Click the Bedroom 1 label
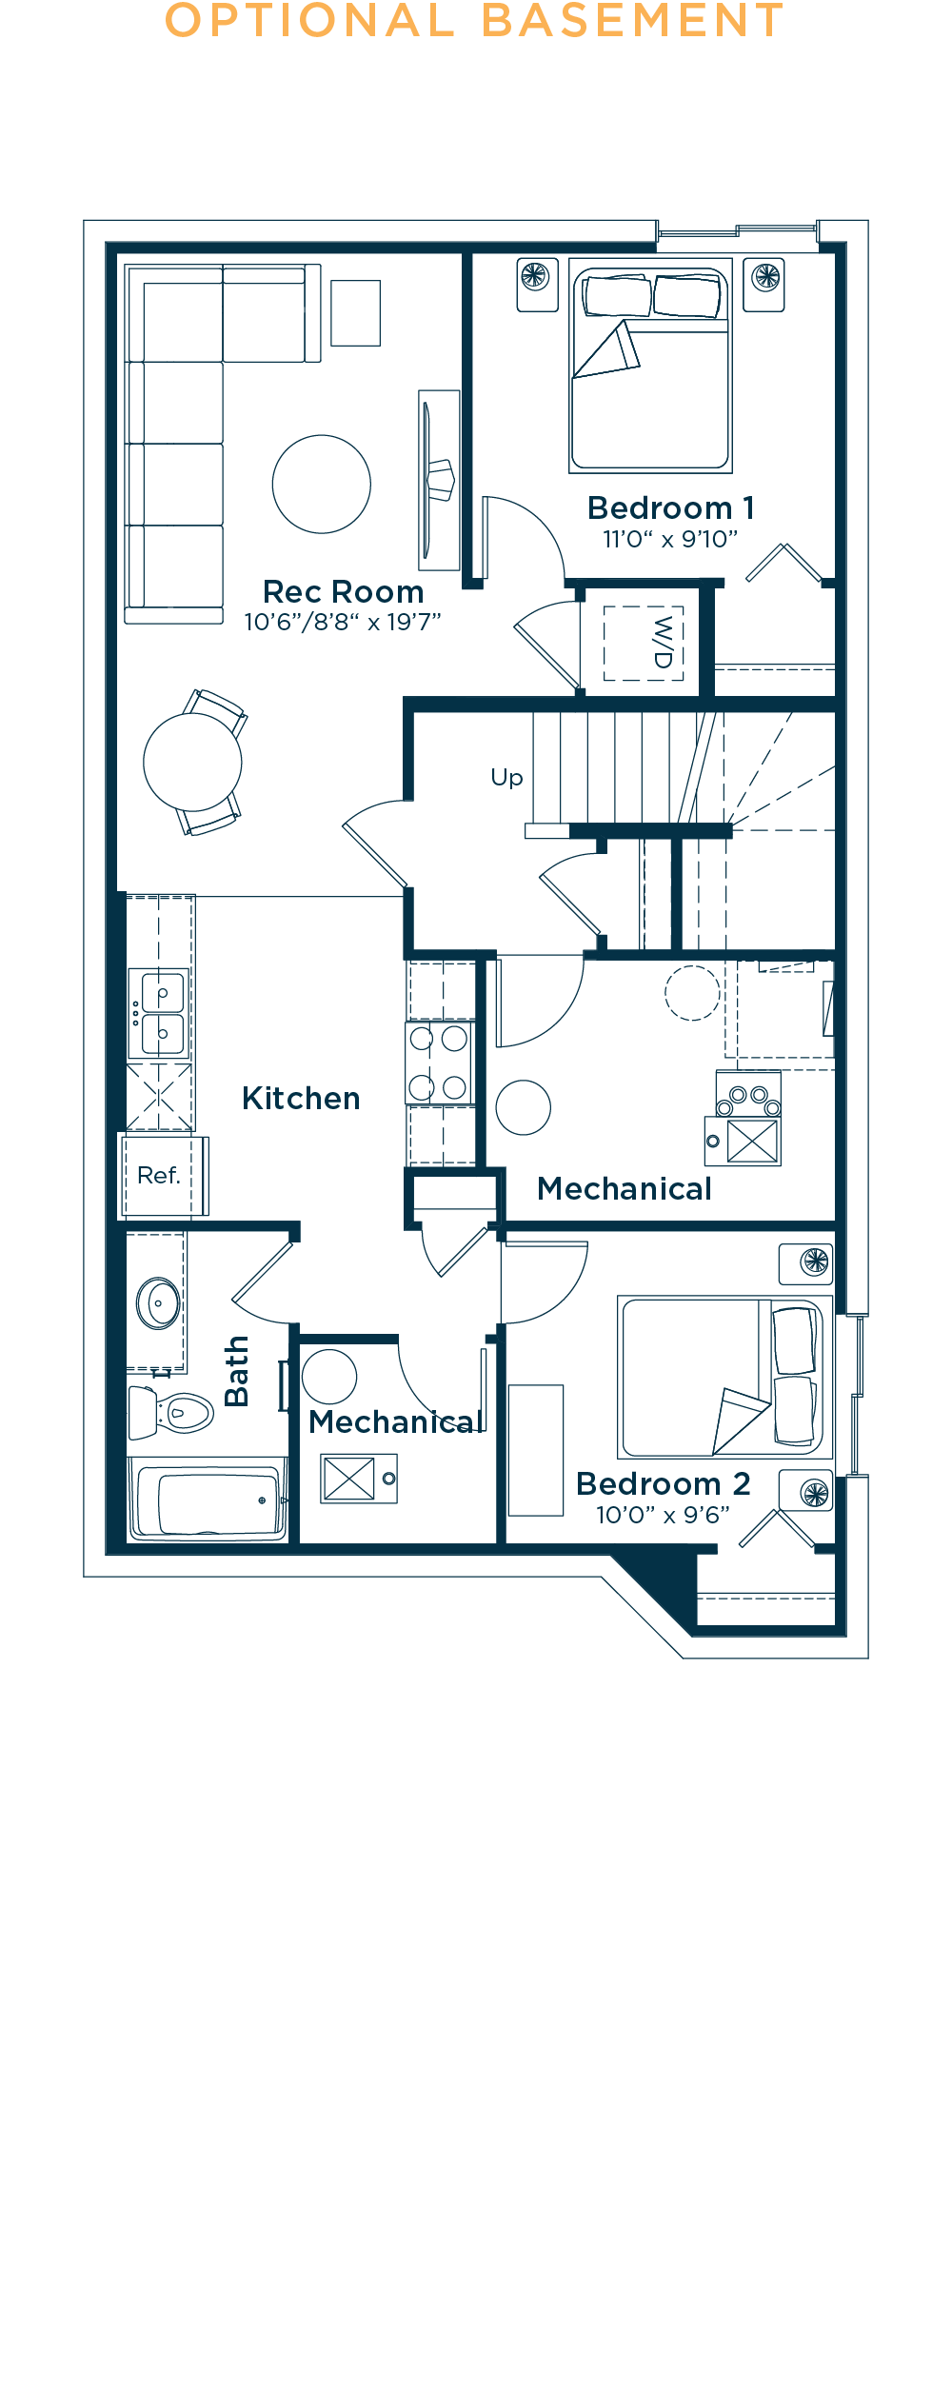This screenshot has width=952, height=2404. [x=671, y=508]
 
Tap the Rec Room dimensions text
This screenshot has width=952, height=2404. [x=343, y=623]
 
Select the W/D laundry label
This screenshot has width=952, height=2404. [x=663, y=643]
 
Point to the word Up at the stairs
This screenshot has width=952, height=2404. [x=506, y=778]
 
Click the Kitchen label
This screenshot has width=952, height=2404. [x=301, y=1099]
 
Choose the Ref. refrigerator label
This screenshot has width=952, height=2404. [x=158, y=1176]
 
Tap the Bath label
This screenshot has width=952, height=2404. [x=236, y=1371]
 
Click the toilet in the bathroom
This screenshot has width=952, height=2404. [x=172, y=1413]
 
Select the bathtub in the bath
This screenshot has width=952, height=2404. [x=208, y=1499]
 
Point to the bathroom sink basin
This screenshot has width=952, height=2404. [x=158, y=1302]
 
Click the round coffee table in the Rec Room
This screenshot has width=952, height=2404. [x=322, y=485]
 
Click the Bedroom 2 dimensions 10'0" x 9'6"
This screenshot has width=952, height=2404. [x=663, y=1515]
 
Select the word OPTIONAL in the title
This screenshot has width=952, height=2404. [x=310, y=21]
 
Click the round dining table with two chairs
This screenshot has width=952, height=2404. [x=193, y=762]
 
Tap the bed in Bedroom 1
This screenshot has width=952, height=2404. [x=651, y=366]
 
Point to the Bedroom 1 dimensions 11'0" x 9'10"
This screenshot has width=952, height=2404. [x=670, y=540]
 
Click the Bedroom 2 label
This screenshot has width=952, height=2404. [x=664, y=1484]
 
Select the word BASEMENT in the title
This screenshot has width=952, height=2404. [x=633, y=21]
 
